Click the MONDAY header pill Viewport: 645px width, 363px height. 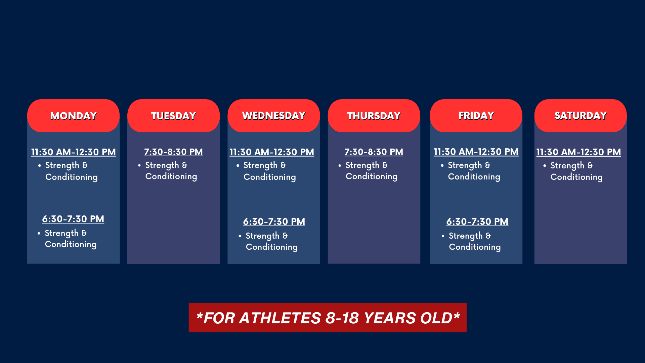tap(73, 116)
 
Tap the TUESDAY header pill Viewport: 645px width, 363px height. tap(173, 116)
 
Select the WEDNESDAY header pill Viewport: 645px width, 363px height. tap(273, 116)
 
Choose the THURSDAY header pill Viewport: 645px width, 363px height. tap(374, 116)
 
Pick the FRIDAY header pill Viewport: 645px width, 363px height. tap(476, 116)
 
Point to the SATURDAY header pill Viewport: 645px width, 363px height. tap(580, 116)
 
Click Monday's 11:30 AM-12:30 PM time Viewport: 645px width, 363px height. tap(74, 152)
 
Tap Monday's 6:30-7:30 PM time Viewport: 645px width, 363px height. tap(73, 219)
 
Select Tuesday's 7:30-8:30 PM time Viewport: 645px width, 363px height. tap(173, 152)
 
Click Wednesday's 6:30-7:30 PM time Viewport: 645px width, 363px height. tap(274, 222)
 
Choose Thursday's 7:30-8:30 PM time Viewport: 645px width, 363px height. tap(374, 152)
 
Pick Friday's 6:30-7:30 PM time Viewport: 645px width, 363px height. tap(477, 222)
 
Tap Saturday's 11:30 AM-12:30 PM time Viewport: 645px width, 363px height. tap(578, 152)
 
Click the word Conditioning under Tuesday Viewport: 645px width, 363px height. tap(171, 177)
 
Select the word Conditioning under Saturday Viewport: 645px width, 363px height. tap(576, 177)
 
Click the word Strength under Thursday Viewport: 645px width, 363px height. tap(362, 165)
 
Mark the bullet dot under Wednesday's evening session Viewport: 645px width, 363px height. tap(240, 236)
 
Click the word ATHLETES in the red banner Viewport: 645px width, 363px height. tap(280, 318)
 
